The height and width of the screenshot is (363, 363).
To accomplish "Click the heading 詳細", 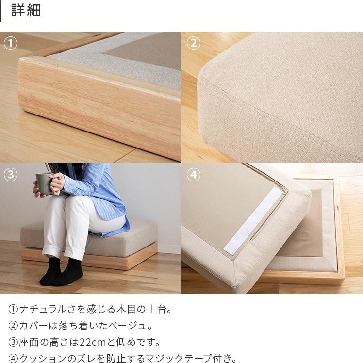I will tap(26, 11).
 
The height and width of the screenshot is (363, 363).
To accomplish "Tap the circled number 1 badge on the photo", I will tap(11, 44).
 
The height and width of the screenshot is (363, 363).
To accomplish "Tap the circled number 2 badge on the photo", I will tap(193, 44).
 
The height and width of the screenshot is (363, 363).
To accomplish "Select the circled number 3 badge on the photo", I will tap(11, 175).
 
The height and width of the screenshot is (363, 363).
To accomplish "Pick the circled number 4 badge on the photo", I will tap(193, 175).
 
